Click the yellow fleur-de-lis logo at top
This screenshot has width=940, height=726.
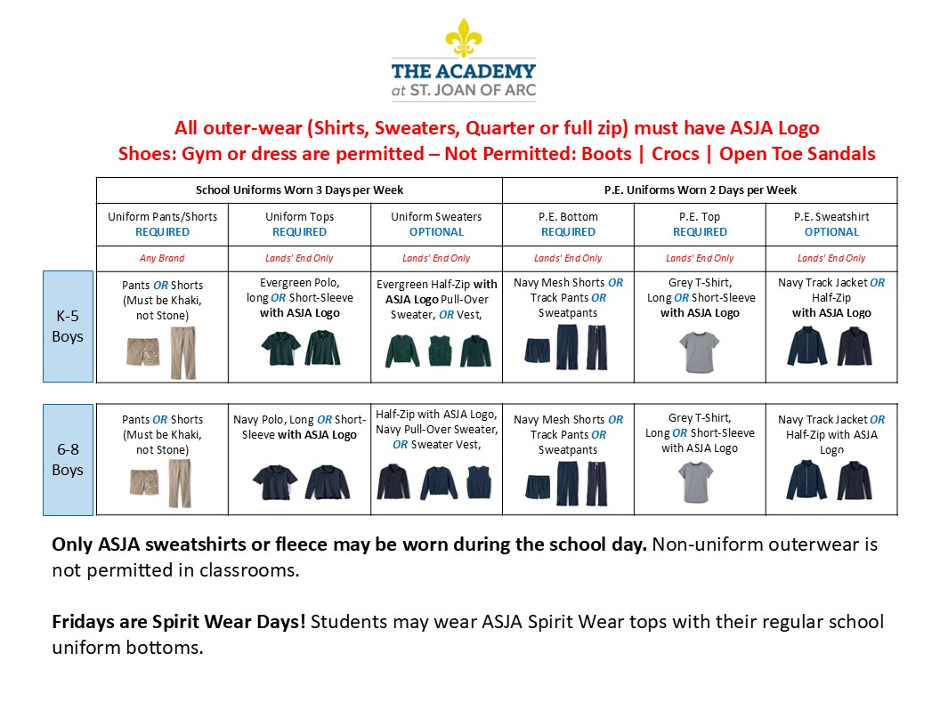point(463,37)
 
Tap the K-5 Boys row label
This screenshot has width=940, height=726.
point(68,327)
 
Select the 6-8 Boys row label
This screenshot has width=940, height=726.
point(68,460)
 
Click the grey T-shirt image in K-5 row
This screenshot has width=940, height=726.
point(699,351)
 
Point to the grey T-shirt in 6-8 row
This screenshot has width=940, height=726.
point(699,481)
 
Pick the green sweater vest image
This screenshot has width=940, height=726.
point(436,351)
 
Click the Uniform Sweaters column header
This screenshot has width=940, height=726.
point(436,216)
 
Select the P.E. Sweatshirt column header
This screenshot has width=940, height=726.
point(831,216)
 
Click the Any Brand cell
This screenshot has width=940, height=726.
point(162,258)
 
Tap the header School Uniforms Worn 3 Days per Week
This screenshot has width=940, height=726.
point(299,190)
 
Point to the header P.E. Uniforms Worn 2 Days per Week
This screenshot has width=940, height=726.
point(700,190)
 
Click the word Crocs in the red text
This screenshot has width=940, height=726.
point(675,154)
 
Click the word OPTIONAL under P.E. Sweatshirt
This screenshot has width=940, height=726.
point(831,231)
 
